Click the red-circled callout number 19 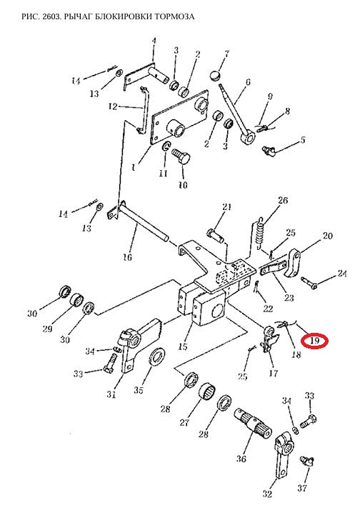click(x=314, y=341)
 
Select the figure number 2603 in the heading click(x=52, y=16)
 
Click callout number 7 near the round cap click(x=226, y=54)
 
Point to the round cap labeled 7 click(x=214, y=76)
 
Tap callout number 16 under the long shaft click(x=127, y=257)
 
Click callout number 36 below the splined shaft click(x=241, y=459)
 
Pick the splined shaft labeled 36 click(x=253, y=424)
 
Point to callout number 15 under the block click(x=183, y=346)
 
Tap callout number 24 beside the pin click(x=342, y=274)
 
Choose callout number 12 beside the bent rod click(x=113, y=106)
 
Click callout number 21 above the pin click(x=226, y=207)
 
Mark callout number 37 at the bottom click(x=302, y=488)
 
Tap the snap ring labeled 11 click(x=166, y=146)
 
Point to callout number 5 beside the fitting click(x=303, y=140)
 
